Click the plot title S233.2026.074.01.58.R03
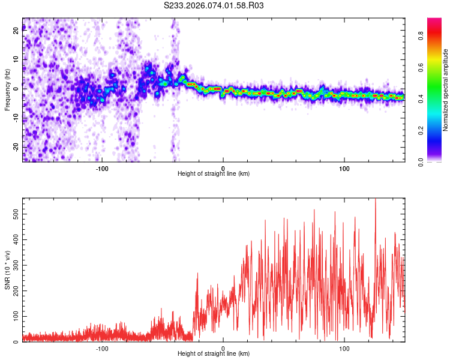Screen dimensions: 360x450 (x=214, y=5)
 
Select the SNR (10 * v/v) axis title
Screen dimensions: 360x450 (x=7, y=271)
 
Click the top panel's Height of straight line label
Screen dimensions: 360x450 (x=214, y=173)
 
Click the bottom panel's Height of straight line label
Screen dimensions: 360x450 (x=214, y=353)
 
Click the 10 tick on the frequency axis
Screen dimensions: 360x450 (x=16, y=59)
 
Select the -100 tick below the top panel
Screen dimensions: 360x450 (x=102, y=168)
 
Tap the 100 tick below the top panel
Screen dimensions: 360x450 (x=344, y=168)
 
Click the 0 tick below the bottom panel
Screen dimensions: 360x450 (x=223, y=348)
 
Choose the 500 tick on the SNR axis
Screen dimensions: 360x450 (x=16, y=214)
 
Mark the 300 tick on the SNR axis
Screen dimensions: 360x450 (x=16, y=265)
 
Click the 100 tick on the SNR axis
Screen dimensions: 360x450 (x=16, y=316)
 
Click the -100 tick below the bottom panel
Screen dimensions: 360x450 (x=102, y=348)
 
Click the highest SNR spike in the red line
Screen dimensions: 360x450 (x=376, y=200)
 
